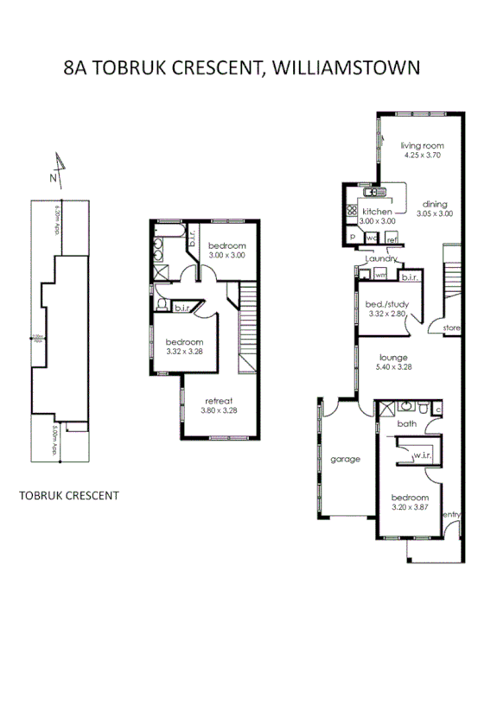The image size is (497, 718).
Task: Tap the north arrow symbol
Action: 58,168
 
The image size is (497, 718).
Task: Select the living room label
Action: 422,145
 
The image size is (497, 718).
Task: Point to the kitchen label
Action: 377,212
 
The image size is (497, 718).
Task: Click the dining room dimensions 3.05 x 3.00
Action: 435,213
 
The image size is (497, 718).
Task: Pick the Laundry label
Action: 380,259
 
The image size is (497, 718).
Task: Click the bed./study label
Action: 386,304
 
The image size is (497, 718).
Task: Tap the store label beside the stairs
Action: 451,329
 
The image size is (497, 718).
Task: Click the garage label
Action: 345,459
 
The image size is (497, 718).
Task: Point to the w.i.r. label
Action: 422,455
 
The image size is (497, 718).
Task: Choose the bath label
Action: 406,424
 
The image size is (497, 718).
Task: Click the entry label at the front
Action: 451,515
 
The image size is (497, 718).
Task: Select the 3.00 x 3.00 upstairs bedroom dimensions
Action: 226,256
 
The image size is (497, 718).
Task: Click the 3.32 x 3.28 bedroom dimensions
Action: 184,351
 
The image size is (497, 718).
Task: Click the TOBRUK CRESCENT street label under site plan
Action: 68,496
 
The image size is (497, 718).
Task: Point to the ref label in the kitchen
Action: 392,239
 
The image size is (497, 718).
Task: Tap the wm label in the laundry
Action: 380,276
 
